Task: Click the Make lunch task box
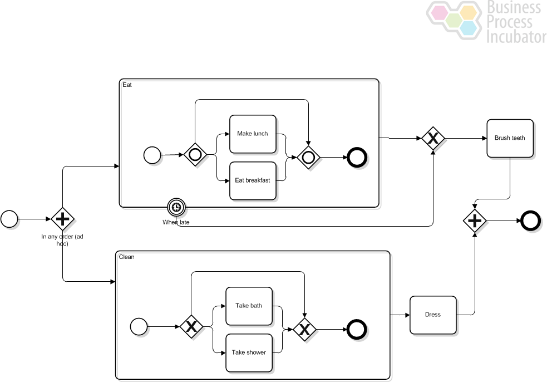(253, 134)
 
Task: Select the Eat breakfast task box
(253, 181)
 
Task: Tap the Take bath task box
(249, 306)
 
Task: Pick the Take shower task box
(249, 353)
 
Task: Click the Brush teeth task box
(510, 138)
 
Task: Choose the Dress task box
(433, 315)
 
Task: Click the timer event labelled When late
(176, 207)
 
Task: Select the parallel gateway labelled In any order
(63, 219)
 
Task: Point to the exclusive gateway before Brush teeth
(433, 139)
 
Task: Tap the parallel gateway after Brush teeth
(475, 221)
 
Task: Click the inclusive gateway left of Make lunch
(195, 154)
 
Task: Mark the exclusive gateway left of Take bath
(191, 327)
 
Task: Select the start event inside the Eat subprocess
(152, 155)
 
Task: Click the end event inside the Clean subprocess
(357, 330)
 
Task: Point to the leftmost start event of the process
(9, 219)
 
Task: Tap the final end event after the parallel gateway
(531, 221)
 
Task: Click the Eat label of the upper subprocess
(127, 85)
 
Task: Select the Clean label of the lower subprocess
(126, 257)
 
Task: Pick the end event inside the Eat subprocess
(357, 158)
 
